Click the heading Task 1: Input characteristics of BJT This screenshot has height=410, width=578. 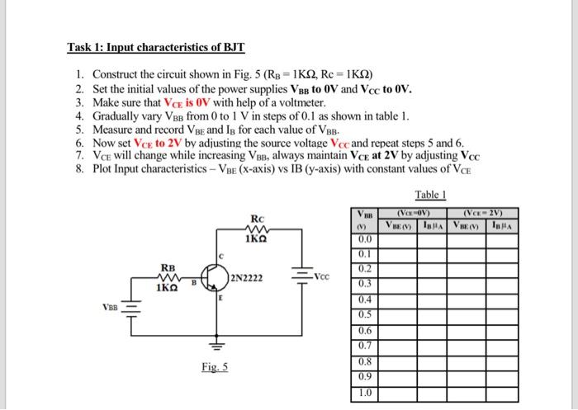pos(157,47)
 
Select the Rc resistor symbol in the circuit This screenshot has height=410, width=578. pos(255,229)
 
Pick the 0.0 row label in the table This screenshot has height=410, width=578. pos(364,239)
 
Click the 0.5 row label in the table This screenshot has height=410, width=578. pos(364,314)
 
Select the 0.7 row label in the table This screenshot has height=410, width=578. pos(364,346)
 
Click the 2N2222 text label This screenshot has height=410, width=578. pos(249,279)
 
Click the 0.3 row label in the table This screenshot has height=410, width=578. pos(364,285)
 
